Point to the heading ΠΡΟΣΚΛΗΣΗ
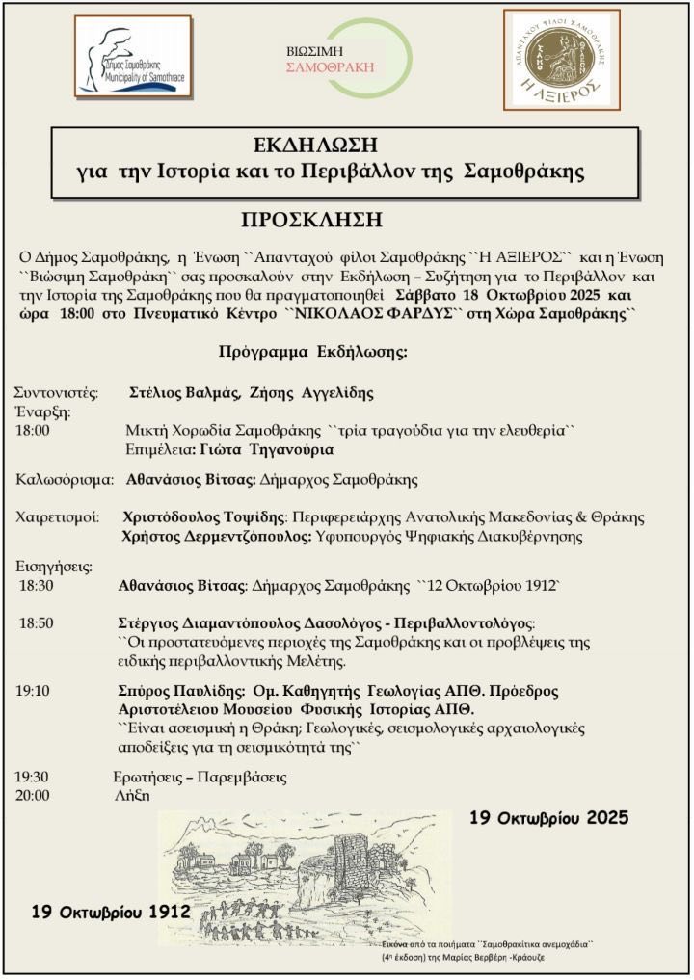click(311, 220)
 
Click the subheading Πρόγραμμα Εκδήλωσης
click(312, 351)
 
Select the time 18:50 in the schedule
click(37, 623)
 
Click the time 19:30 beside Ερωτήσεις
click(33, 777)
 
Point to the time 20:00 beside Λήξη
click(33, 796)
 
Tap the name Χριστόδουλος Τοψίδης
click(205, 517)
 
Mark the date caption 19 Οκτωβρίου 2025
click(548, 818)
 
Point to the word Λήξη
click(131, 796)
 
